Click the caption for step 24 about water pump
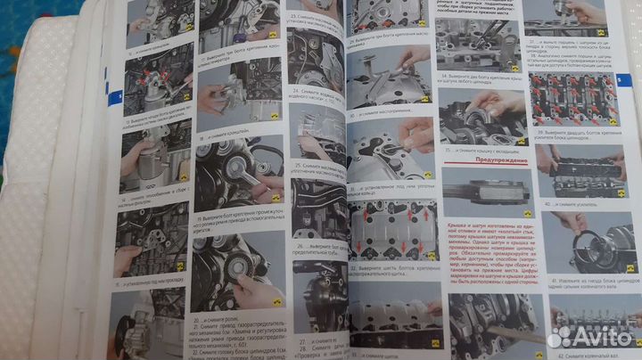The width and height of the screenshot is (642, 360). [317, 96]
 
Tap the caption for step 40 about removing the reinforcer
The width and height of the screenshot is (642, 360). [576, 204]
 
